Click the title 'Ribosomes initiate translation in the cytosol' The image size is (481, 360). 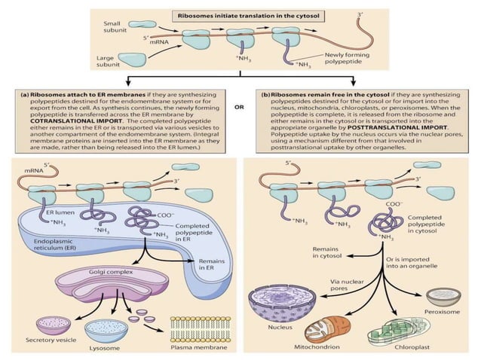240,15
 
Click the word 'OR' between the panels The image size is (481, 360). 240,108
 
